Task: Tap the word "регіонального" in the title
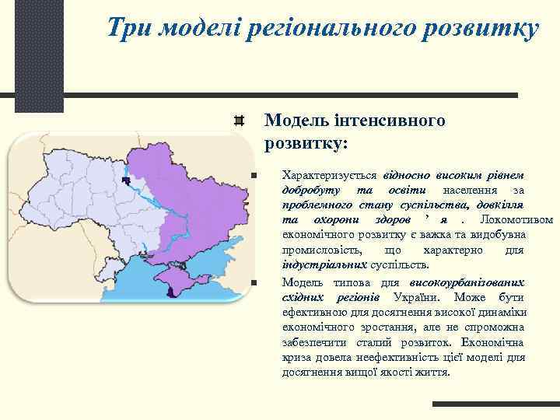pos(327,30)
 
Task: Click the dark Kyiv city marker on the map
pos(125,180)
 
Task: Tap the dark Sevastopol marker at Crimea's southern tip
pos(169,292)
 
